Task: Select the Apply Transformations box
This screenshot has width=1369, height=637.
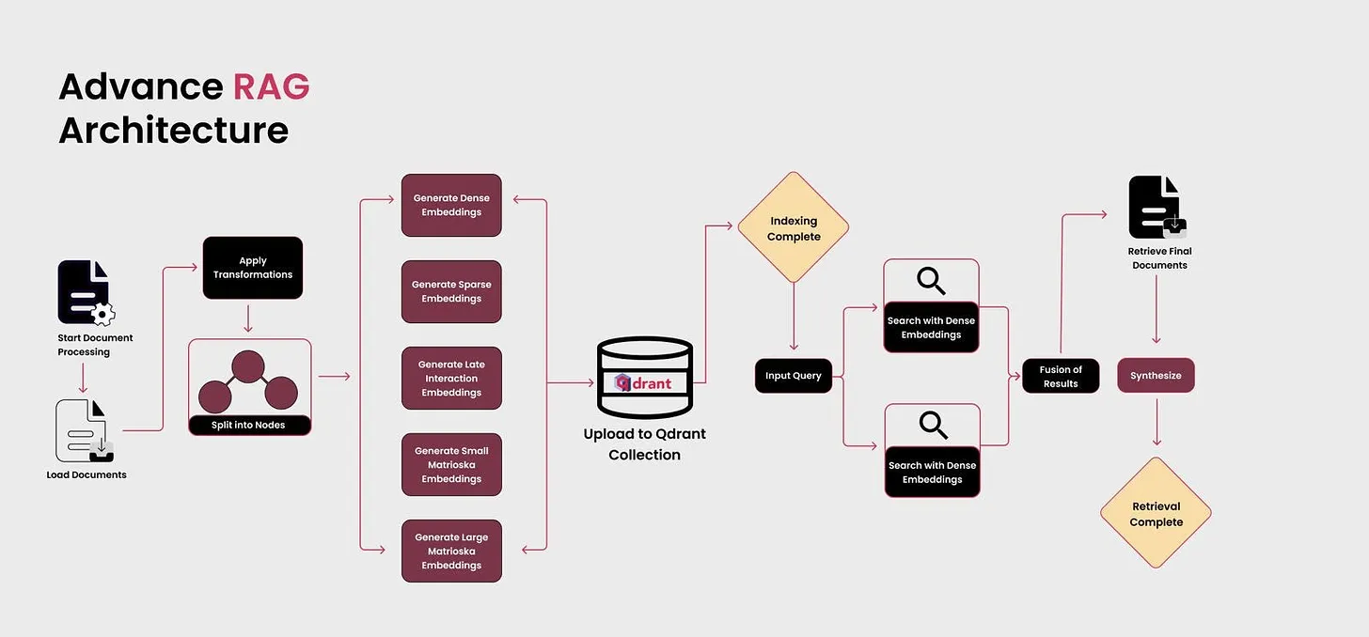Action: pyautogui.click(x=253, y=268)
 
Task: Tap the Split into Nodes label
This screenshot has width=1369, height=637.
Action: pyautogui.click(x=249, y=425)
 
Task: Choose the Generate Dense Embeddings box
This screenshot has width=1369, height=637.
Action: pyautogui.click(x=451, y=205)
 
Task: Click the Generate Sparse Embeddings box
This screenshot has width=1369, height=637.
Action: pyautogui.click(x=451, y=291)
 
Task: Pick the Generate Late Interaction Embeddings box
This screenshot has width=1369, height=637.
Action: pyautogui.click(x=451, y=378)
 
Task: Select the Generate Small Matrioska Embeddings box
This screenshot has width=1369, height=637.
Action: pyautogui.click(x=451, y=464)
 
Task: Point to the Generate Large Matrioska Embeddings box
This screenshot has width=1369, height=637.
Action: pyautogui.click(x=451, y=551)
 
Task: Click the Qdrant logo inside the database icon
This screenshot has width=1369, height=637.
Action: pyautogui.click(x=644, y=383)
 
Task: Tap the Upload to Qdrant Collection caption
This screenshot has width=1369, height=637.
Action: pyautogui.click(x=644, y=444)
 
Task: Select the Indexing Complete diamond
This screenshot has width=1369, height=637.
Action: pyautogui.click(x=793, y=227)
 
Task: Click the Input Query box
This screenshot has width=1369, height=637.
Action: pyautogui.click(x=793, y=376)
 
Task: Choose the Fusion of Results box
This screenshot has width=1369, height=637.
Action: pyautogui.click(x=1061, y=376)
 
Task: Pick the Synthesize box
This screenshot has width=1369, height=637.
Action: pyautogui.click(x=1156, y=376)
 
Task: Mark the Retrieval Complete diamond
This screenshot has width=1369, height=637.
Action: pyautogui.click(x=1156, y=513)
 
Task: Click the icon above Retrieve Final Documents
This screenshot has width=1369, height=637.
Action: pyautogui.click(x=1157, y=208)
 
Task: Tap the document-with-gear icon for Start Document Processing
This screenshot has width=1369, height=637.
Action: pyautogui.click(x=85, y=292)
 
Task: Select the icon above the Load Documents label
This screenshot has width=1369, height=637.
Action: pyautogui.click(x=85, y=430)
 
